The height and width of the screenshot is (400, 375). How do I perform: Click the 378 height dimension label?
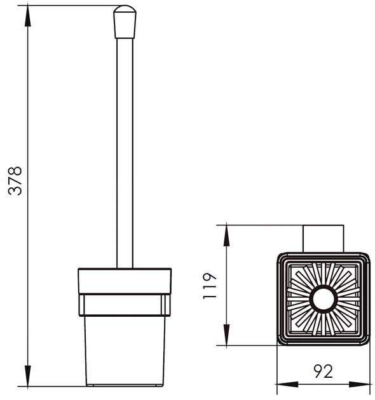coord(15,181)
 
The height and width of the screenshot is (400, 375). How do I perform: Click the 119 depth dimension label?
coord(210,286)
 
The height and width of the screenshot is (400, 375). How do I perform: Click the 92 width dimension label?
coord(323,371)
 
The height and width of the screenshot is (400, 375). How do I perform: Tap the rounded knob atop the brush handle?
coord(125,22)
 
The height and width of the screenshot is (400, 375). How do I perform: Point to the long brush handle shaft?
coord(125,153)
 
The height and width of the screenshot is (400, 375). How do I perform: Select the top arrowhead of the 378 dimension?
coord(27,16)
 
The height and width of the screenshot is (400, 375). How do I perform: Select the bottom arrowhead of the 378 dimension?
coord(27,376)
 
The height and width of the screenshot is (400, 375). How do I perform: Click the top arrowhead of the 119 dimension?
coord(226,236)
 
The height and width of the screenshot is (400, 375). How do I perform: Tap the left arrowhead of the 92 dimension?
coord(287,384)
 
